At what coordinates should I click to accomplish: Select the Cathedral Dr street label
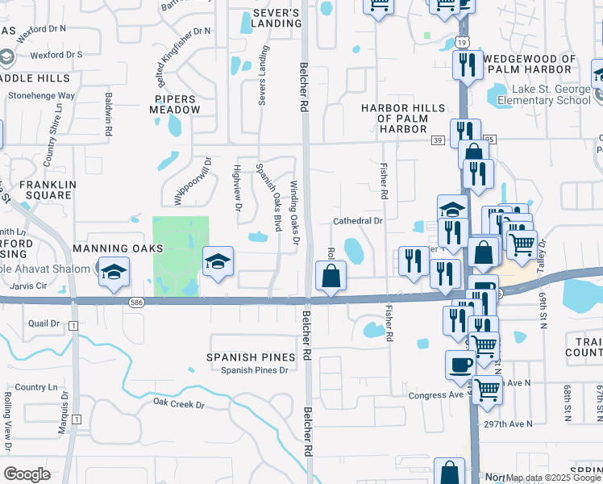[357, 220]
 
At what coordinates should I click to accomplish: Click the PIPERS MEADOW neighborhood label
[175, 104]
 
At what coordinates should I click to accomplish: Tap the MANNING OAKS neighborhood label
[110, 248]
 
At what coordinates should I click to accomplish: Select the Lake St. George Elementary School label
[549, 95]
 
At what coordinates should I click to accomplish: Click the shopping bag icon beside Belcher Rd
[331, 277]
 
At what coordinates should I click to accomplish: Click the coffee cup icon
[460, 365]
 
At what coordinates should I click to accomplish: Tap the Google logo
[27, 474]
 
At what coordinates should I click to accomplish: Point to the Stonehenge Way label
[41, 95]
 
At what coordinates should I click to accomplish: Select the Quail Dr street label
[44, 323]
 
